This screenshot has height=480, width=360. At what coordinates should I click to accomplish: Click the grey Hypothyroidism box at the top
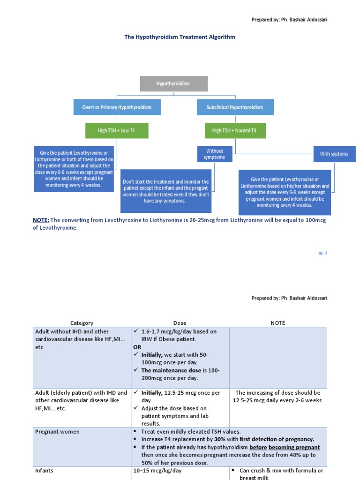tap(173, 83)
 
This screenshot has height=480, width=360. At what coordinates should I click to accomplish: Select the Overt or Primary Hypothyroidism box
tap(117, 107)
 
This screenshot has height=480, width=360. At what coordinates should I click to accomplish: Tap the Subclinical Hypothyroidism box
tap(235, 107)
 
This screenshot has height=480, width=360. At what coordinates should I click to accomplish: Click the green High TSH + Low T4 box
tap(117, 130)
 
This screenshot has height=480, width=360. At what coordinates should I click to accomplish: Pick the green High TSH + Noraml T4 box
tap(235, 130)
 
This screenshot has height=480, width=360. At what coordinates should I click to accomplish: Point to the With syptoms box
tap(334, 154)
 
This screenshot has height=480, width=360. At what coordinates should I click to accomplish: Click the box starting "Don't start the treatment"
tap(166, 191)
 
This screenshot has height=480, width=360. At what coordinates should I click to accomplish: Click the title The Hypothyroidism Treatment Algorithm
tap(180, 37)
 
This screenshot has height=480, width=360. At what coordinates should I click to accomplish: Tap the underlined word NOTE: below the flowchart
tap(41, 220)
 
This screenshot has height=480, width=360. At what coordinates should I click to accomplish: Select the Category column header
tap(82, 323)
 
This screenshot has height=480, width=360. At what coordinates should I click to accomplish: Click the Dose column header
tap(180, 323)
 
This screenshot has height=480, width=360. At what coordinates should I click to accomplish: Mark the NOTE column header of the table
tap(277, 323)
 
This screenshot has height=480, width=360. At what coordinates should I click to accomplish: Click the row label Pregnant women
tap(57, 432)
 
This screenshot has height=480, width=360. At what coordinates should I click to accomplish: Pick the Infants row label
tap(45, 471)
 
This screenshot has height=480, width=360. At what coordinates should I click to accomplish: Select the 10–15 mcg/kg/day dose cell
tap(157, 471)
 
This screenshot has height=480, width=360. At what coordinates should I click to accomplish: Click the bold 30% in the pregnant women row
tap(219, 440)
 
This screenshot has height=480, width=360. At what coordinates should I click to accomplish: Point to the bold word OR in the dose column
tap(137, 347)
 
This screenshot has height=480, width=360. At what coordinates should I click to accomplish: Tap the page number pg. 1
tap(322, 253)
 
